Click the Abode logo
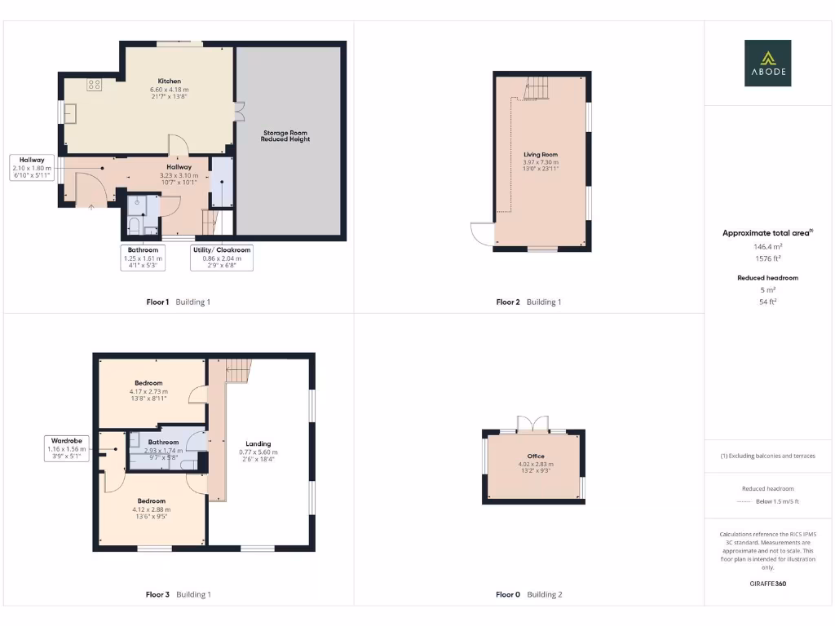[x=767, y=63]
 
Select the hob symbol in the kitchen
[x=94, y=83]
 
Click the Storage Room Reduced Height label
[x=285, y=135]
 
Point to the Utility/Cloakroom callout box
[x=221, y=258]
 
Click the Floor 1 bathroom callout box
[x=143, y=258]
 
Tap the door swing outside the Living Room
[x=482, y=234]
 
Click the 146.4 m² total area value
[x=767, y=245]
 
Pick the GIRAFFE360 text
[x=767, y=584]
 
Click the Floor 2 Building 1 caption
[x=528, y=302]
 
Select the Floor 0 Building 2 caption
[x=528, y=595]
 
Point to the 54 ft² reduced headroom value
[x=767, y=302]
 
